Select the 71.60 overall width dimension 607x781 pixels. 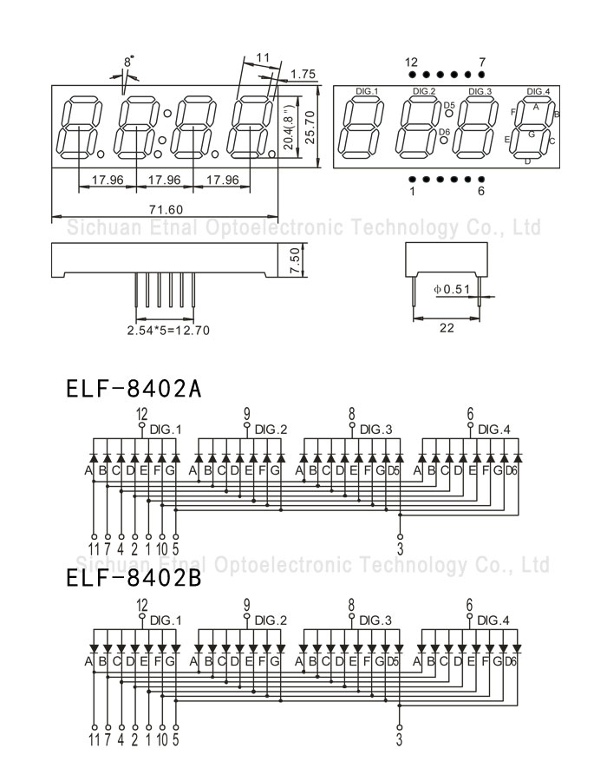(165, 209)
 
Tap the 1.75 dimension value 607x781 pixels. (303, 75)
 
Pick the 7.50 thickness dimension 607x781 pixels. (294, 261)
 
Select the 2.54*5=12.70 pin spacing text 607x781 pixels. (168, 330)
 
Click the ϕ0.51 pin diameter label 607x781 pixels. (451, 288)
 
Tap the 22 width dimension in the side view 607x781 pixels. (447, 327)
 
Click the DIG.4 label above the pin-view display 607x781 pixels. (538, 91)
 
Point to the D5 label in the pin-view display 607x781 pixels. (447, 105)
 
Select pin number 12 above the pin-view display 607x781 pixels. (411, 62)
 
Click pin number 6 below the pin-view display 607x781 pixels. (481, 191)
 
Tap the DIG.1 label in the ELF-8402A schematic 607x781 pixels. (166, 430)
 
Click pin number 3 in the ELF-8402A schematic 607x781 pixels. (401, 548)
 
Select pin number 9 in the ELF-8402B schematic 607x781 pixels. (246, 604)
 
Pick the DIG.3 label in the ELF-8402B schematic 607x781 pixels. (375, 620)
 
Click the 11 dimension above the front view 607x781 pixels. (263, 57)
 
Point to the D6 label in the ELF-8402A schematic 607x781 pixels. (511, 471)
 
